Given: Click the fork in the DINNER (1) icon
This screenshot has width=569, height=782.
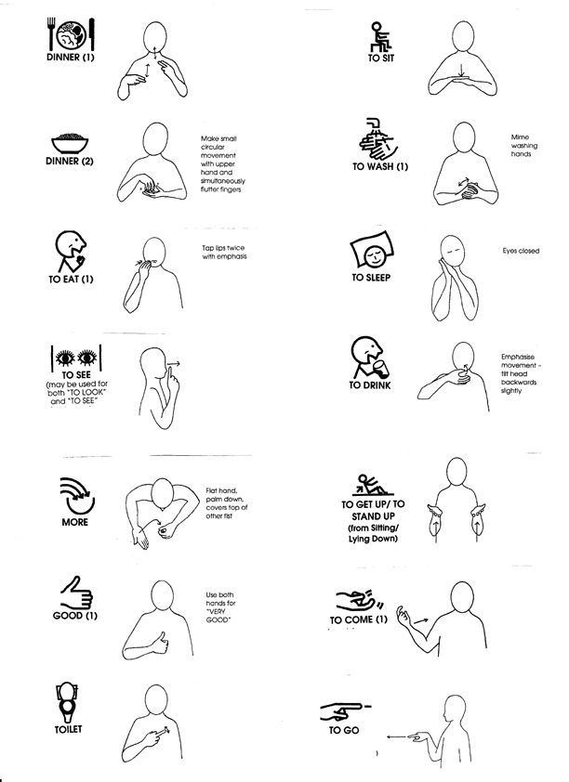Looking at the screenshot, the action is point(51,33).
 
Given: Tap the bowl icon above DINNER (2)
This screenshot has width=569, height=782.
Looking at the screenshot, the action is point(70,143).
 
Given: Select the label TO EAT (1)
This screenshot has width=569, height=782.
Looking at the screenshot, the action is point(71,279).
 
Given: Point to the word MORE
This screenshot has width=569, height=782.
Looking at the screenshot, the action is point(75,522).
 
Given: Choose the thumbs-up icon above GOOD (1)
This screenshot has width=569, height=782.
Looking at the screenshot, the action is point(76,593).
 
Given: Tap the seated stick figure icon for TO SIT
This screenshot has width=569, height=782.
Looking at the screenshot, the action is point(381,36).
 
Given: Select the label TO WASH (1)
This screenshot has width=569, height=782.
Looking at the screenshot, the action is point(380,166).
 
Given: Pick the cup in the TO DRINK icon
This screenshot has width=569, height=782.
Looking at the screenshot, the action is point(381,370).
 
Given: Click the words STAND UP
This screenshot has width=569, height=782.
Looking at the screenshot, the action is point(373,516).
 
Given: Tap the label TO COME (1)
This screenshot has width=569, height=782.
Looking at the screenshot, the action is point(358,619).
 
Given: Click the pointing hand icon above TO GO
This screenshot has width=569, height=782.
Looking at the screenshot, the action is point(345,711).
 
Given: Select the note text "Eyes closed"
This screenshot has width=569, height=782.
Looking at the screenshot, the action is point(521,251).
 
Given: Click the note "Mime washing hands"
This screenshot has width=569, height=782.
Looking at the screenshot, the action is point(524,146).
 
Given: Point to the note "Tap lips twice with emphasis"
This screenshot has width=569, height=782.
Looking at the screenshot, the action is point(224,253).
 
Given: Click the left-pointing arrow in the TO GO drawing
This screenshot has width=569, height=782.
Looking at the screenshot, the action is point(396,736).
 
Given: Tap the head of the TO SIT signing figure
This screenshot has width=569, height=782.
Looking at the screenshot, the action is point(463,36).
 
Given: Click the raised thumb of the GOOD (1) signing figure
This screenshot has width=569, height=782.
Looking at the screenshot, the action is point(162,637).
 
